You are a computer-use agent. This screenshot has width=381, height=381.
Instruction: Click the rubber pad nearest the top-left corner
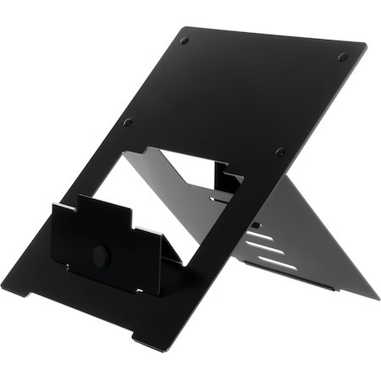coord(185,40)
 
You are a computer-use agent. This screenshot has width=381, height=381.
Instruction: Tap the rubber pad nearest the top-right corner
coord(342,58)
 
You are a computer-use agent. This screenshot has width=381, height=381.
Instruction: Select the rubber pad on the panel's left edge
coord(127,122)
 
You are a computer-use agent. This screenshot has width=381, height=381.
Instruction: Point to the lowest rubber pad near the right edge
coord(280,152)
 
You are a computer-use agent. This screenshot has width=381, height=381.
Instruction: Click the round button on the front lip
coord(100,253)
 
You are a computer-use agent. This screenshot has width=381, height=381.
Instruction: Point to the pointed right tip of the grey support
coord(378,297)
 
